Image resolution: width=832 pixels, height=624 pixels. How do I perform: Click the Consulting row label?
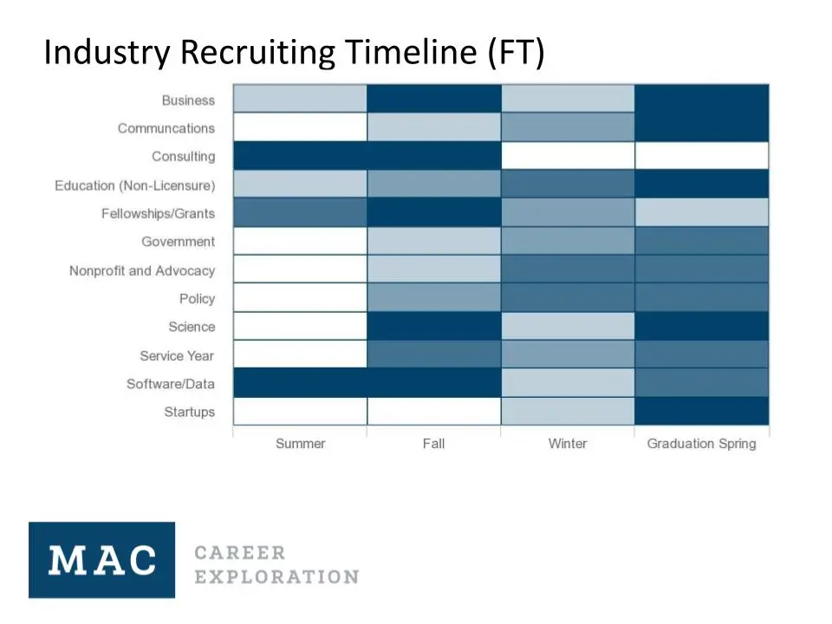tap(183, 157)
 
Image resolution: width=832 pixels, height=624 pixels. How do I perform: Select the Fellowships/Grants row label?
tap(158, 214)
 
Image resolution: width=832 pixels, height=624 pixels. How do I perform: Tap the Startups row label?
tap(189, 412)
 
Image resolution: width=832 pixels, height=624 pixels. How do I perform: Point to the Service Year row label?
tap(177, 355)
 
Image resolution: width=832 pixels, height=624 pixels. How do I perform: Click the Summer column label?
tap(300, 444)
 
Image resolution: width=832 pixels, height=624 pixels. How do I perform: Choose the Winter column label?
tap(567, 444)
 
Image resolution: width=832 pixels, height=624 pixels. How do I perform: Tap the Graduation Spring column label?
tap(701, 444)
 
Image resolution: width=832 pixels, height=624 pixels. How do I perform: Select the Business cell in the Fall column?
tap(433, 99)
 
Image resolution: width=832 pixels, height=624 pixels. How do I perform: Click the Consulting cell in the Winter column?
tap(567, 156)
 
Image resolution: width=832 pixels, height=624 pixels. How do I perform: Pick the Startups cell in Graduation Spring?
tap(701, 411)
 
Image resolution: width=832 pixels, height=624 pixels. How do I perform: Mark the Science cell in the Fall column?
tap(433, 326)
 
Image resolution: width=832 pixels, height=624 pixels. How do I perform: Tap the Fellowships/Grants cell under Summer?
tap(300, 212)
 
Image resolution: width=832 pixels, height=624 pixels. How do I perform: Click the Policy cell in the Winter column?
tap(567, 297)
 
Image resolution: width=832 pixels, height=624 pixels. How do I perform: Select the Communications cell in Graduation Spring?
tap(701, 127)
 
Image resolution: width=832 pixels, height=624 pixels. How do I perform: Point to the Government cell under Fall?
tap(433, 241)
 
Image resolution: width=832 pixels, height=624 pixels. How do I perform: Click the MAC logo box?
tap(101, 560)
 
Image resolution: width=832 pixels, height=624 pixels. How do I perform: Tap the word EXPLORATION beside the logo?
tap(276, 577)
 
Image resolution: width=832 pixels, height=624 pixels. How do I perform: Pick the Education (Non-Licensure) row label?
tap(134, 185)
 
